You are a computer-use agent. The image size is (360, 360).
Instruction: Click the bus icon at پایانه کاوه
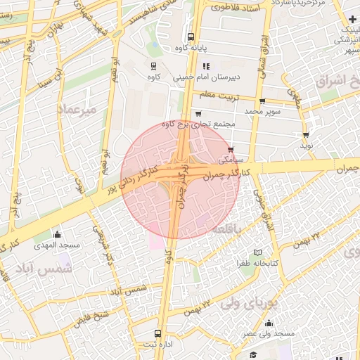[190, 37]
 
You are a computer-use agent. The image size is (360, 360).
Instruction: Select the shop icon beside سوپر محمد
[262, 101]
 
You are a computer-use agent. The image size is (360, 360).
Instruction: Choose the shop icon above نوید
[306, 134]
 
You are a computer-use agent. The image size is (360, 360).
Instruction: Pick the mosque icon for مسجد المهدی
[58, 234]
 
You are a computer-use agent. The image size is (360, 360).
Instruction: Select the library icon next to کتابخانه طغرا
[257, 252]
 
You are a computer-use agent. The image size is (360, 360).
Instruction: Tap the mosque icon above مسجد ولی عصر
[269, 323]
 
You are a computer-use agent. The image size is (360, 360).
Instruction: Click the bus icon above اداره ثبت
[157, 334]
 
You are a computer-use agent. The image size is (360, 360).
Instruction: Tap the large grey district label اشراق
[337, 81]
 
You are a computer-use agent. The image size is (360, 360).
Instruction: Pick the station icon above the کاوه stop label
[153, 65]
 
